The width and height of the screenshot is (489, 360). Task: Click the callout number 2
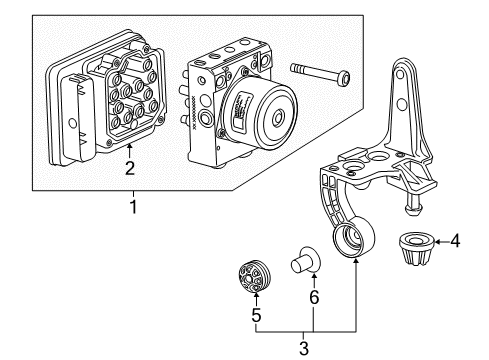(x=130, y=169)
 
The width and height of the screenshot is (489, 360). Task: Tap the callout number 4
(x=454, y=268)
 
